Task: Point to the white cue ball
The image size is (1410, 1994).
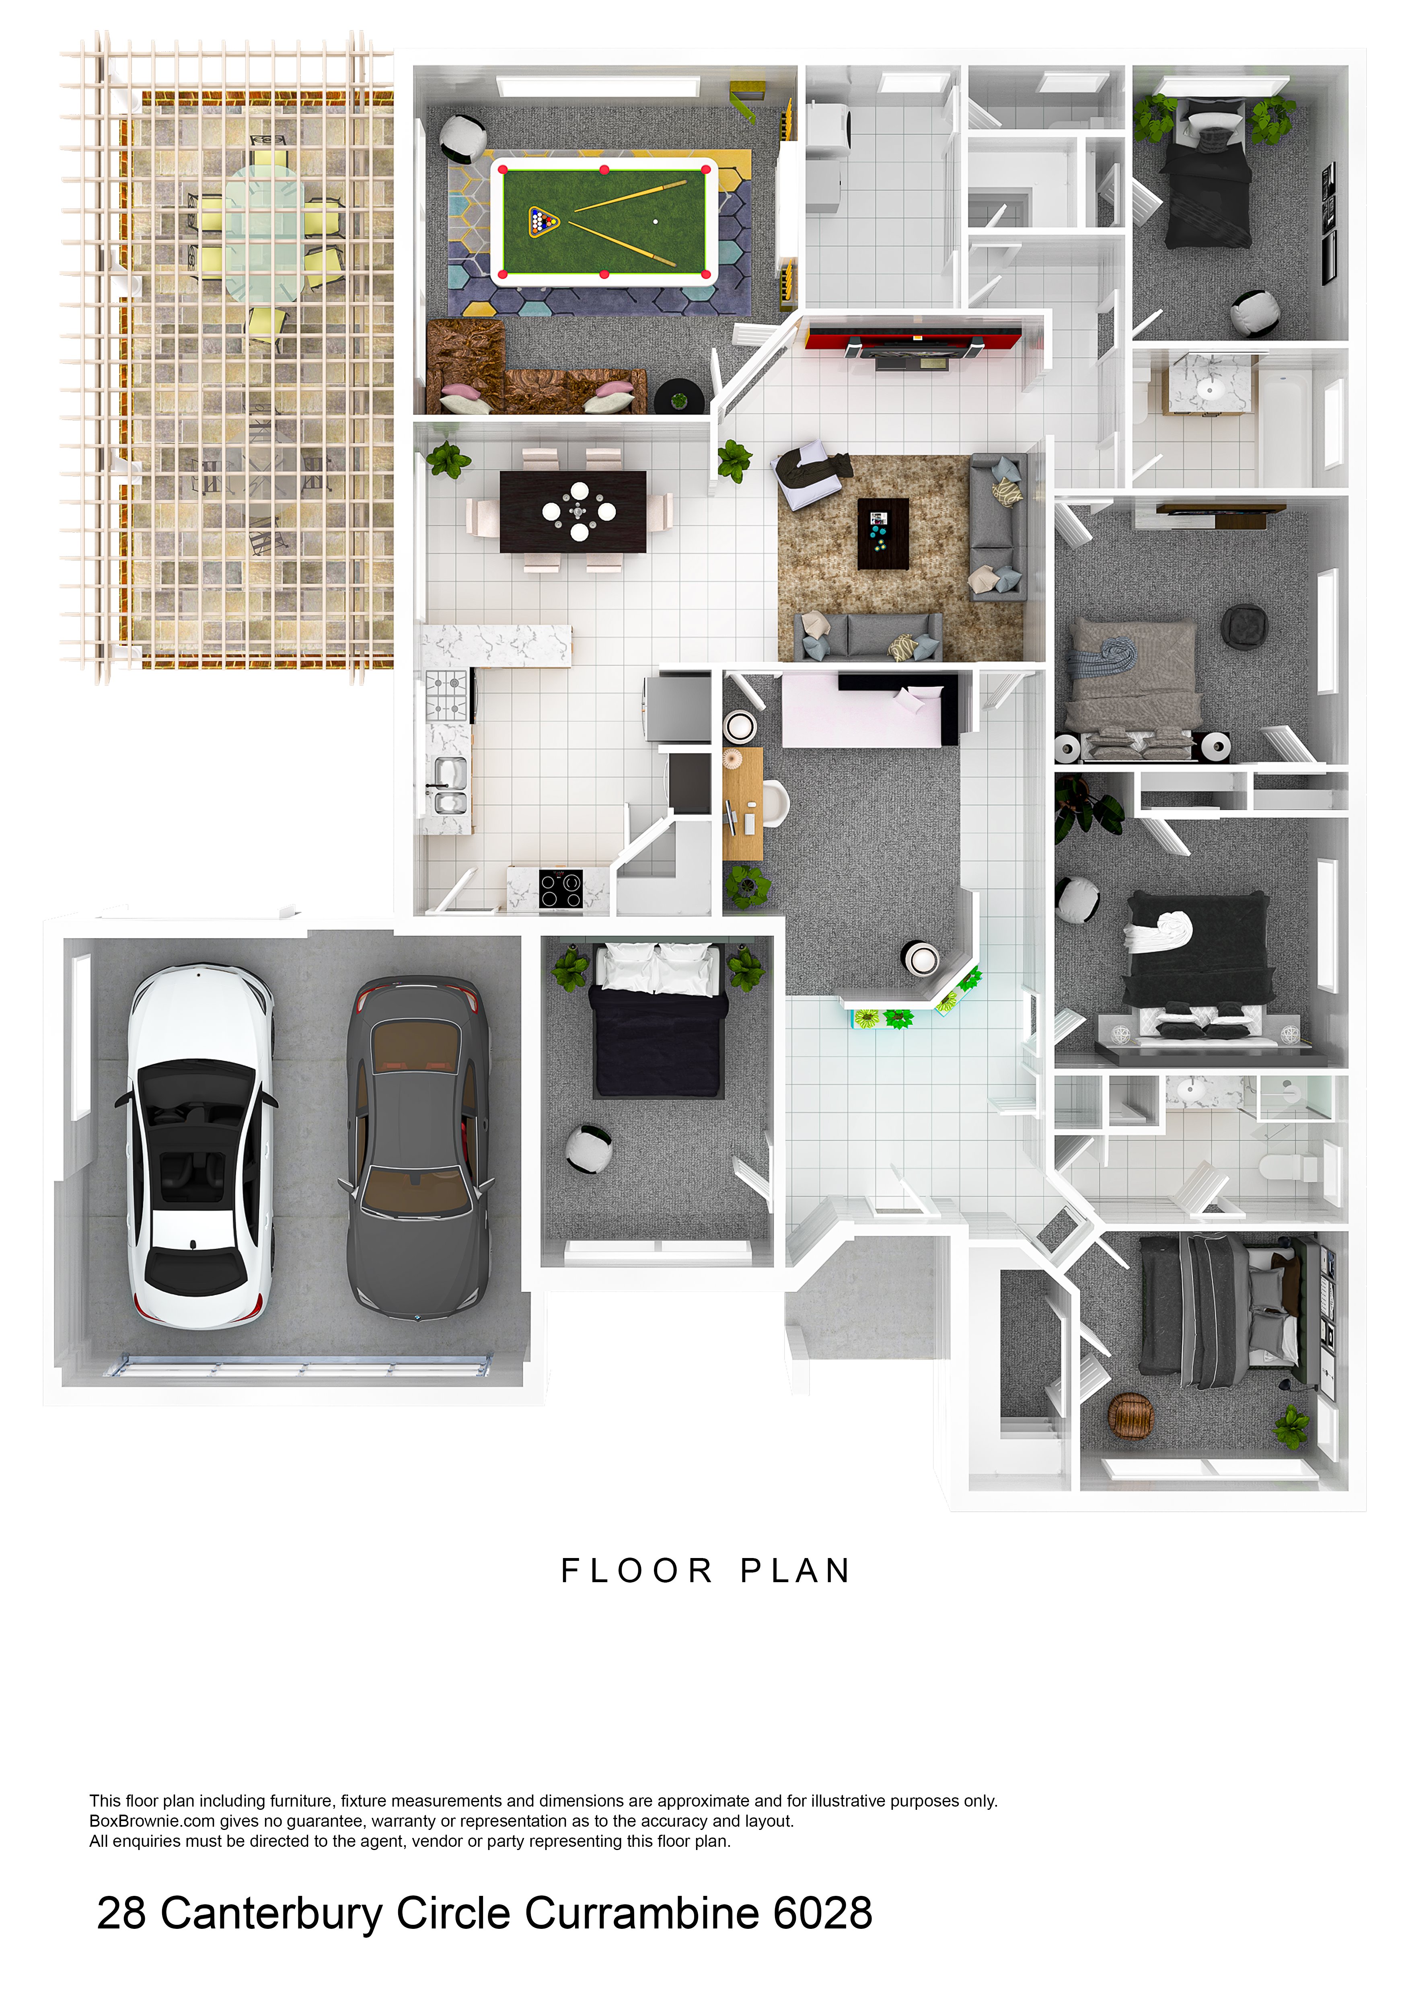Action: (656, 222)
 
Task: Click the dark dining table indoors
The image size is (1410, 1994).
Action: (573, 512)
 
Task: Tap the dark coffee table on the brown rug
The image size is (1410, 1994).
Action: (883, 533)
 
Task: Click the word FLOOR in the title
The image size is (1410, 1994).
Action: (636, 1570)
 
